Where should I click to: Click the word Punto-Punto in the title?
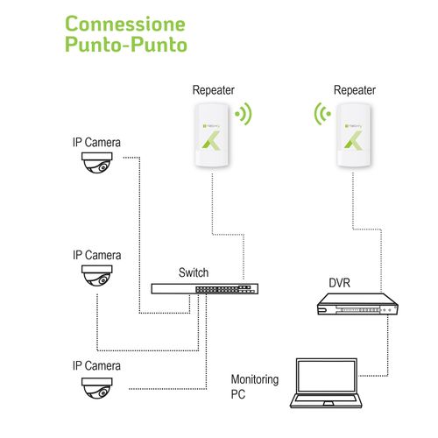pos(126,45)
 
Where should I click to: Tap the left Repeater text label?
pos(215,90)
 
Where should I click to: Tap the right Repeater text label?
pos(355,90)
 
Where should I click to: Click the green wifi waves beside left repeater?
pos(244,114)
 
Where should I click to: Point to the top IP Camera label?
pos(96,142)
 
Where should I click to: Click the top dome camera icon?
pos(96,164)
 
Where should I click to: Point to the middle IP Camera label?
pos(96,255)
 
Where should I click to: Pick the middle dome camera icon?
pos(96,278)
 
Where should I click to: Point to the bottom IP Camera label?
pos(96,364)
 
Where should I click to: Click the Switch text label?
pos(193,272)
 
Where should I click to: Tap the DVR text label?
pos(341,283)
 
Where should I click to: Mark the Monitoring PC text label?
pos(254,386)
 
